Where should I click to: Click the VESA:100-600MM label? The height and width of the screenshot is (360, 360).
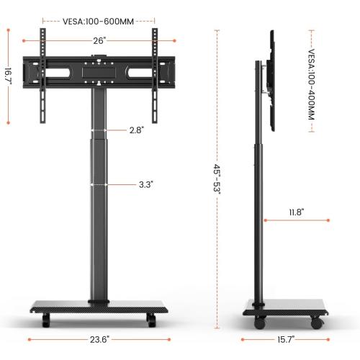tap(99, 21)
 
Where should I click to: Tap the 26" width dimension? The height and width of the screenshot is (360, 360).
tap(98, 40)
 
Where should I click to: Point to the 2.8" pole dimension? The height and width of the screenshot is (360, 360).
tap(137, 130)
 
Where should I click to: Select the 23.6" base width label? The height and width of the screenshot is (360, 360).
tap(99, 340)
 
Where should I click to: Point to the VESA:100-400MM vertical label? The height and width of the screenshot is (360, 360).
tap(312, 80)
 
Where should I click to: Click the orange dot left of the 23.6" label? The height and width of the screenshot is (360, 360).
tap(29, 340)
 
